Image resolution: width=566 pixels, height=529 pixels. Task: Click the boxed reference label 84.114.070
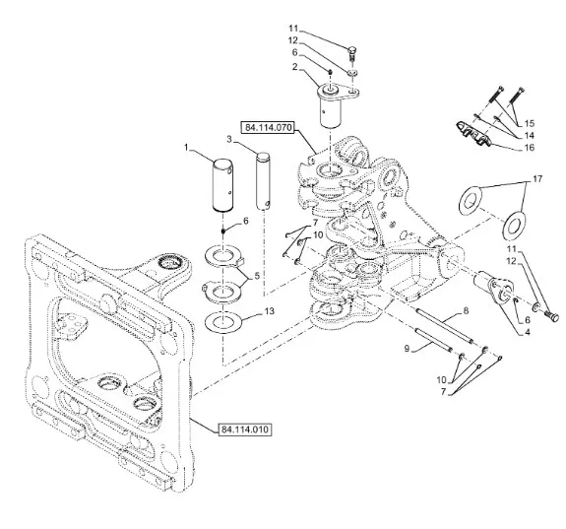click(268, 127)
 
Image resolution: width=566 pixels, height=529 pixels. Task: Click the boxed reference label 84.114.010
click(244, 430)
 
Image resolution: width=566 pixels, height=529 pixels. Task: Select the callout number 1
click(187, 147)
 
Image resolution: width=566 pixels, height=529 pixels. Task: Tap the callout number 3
click(229, 139)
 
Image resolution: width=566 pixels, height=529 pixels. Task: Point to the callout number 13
click(269, 310)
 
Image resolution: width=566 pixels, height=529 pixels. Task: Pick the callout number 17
click(537, 179)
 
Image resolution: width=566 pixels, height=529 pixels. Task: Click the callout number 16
click(529, 148)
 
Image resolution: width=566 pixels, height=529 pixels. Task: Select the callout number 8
click(466, 310)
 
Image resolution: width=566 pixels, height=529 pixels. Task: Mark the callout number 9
click(408, 349)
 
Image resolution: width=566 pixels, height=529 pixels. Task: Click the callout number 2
click(295, 67)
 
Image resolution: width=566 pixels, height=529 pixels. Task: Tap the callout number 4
click(528, 332)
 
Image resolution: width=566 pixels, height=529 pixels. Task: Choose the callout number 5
click(257, 276)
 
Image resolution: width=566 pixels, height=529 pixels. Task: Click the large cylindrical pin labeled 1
click(223, 184)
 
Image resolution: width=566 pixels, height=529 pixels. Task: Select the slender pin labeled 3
click(264, 181)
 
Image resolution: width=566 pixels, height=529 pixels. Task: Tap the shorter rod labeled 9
click(433, 339)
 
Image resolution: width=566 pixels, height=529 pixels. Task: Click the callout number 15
click(529, 123)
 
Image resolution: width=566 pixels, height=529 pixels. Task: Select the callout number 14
click(529, 136)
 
